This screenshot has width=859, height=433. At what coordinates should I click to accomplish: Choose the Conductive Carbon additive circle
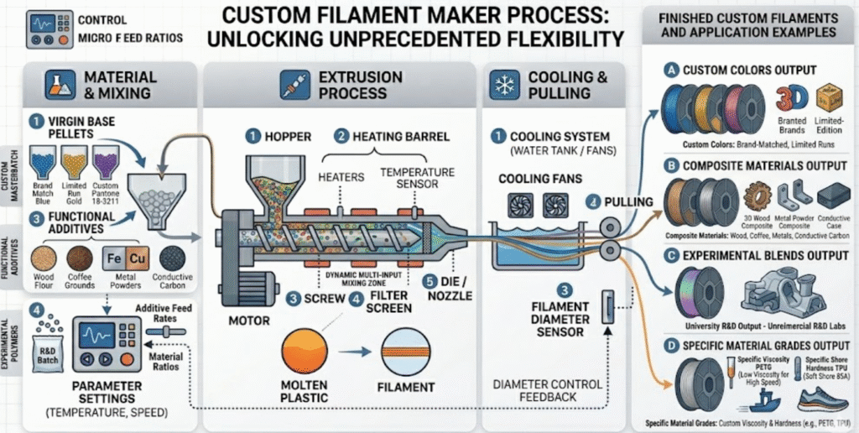(x=174, y=258)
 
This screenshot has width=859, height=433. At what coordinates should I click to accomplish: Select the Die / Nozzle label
(x=451, y=289)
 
